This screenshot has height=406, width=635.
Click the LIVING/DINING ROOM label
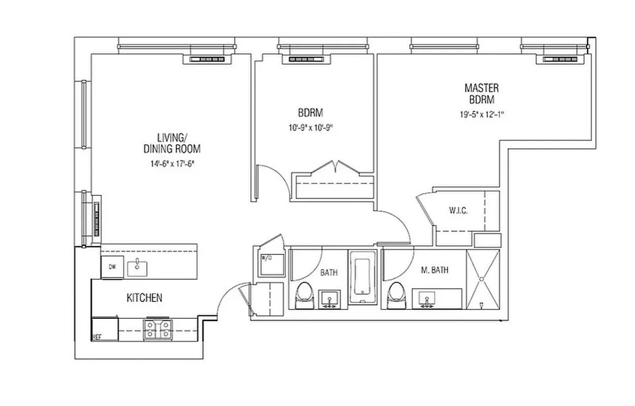172,143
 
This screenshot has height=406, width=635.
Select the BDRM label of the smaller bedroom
311,113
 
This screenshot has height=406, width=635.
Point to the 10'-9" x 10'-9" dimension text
311,128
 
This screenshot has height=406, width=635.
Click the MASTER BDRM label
481,94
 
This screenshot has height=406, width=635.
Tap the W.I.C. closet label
458,211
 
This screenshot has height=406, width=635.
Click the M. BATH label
435,270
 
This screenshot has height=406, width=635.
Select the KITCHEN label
144,298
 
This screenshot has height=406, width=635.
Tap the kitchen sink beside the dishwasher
137,267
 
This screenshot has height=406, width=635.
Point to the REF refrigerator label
96,336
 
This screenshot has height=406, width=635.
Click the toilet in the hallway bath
304,296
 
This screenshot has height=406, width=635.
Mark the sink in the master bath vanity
427,299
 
